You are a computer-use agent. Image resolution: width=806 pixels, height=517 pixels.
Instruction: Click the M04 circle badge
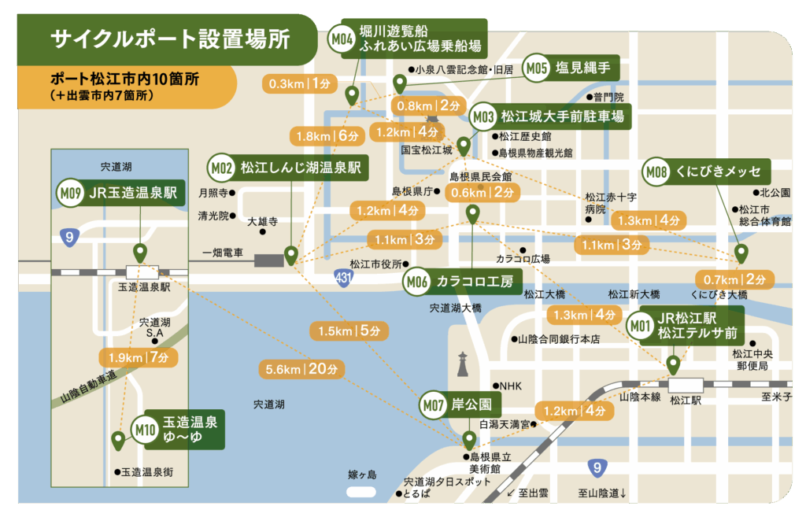342,39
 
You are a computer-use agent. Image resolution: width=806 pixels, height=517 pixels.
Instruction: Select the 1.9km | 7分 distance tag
139,358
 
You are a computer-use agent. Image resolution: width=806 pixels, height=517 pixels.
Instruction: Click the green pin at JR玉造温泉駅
140,253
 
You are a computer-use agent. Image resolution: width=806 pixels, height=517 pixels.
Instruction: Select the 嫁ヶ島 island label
363,475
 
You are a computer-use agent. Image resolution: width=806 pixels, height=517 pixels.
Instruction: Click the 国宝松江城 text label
427,149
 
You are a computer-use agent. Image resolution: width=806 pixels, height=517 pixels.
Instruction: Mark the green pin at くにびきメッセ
741,253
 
